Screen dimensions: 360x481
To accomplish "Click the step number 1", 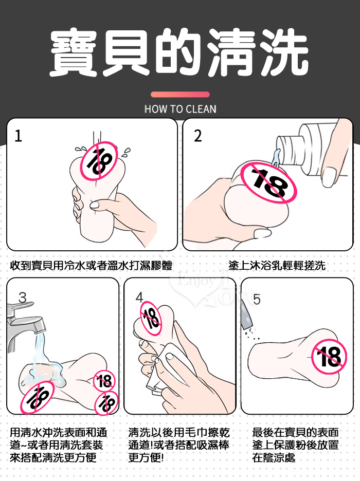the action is click(x=19, y=136).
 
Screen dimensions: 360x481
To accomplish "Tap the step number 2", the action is click(x=198, y=136).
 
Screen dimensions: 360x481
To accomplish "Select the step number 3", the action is click(x=23, y=298).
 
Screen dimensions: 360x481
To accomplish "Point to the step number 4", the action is click(x=139, y=297).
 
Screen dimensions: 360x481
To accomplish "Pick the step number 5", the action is click(x=257, y=299).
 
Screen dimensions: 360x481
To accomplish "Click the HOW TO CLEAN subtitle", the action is click(x=180, y=109).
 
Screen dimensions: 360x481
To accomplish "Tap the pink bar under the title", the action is click(x=180, y=95).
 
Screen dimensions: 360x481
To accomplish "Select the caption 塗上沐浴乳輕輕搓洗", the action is click(x=277, y=265).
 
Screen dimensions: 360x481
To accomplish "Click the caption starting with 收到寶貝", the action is click(x=91, y=265).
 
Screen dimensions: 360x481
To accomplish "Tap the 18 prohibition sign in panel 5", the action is click(x=329, y=357).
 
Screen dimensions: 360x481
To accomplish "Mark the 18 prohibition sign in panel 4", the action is click(x=151, y=318).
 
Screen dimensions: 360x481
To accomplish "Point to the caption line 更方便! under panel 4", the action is click(x=146, y=458).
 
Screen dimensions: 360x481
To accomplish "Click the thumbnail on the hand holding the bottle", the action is click(x=329, y=177).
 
